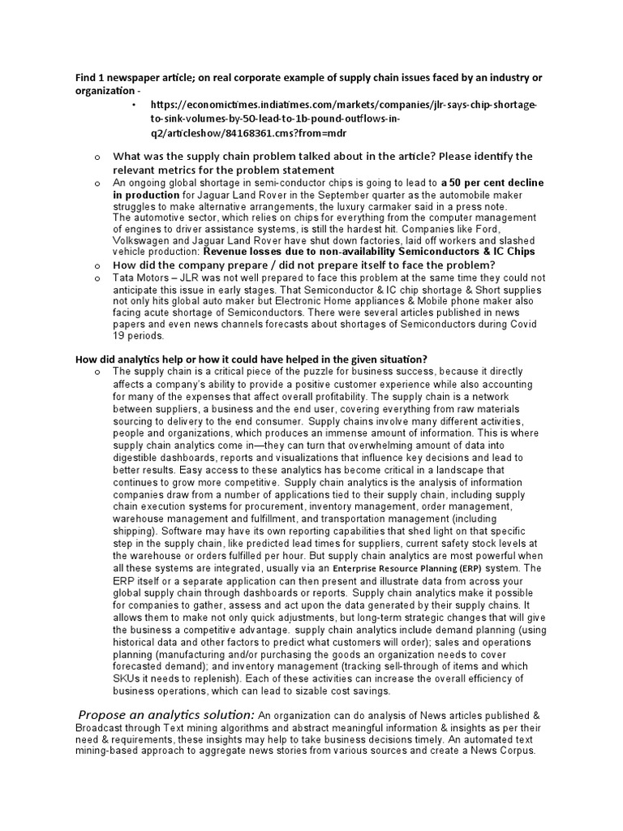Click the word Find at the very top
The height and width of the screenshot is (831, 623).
point(86,77)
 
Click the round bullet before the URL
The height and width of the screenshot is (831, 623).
point(135,105)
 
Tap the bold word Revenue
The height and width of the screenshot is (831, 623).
point(228,252)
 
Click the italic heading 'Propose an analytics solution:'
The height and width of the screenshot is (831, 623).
point(166,714)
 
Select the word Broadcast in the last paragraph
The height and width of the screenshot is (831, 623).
point(105,729)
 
